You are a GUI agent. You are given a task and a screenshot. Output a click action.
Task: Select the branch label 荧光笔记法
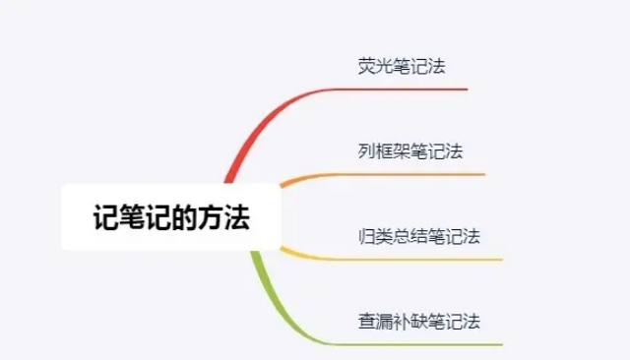point(398,68)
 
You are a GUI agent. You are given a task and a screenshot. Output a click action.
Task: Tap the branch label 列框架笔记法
point(410,151)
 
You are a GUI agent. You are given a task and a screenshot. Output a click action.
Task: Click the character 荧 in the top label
point(366,68)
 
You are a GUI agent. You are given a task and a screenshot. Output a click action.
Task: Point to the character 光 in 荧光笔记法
point(382,68)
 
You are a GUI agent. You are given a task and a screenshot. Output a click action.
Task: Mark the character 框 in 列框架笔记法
point(383,151)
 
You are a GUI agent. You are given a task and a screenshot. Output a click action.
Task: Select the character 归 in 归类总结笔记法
point(366,237)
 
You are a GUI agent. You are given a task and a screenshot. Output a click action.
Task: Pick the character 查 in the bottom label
point(366,322)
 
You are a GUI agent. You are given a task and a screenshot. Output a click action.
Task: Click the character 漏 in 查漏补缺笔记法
point(383,322)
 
